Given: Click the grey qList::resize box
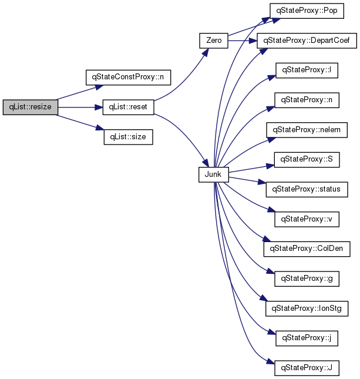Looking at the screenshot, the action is click(31, 107).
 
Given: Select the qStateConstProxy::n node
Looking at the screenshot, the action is click(128, 78).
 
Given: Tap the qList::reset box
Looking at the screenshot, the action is click(128, 107).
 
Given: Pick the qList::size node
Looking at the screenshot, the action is click(128, 137).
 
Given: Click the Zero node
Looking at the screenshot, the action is click(214, 41).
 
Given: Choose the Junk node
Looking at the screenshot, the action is click(214, 175).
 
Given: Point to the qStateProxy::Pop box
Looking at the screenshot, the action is click(307, 11).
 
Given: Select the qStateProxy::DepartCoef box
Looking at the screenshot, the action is click(307, 41).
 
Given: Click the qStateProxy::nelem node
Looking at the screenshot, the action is click(307, 130).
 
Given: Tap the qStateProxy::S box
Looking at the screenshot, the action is click(307, 159).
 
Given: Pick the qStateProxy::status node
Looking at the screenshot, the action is click(307, 189).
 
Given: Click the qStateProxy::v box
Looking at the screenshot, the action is click(307, 219).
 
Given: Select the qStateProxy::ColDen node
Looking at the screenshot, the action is click(307, 249).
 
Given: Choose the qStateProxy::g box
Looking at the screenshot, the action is click(307, 279).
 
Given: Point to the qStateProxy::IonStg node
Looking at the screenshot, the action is click(307, 308).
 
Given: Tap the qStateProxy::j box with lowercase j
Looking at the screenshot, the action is click(307, 338).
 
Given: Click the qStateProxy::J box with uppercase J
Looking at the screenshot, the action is click(307, 368).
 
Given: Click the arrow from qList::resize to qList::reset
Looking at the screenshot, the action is click(80, 107).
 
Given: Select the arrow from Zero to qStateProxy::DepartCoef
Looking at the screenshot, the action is click(243, 41).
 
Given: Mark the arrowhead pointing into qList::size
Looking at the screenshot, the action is click(100, 128).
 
